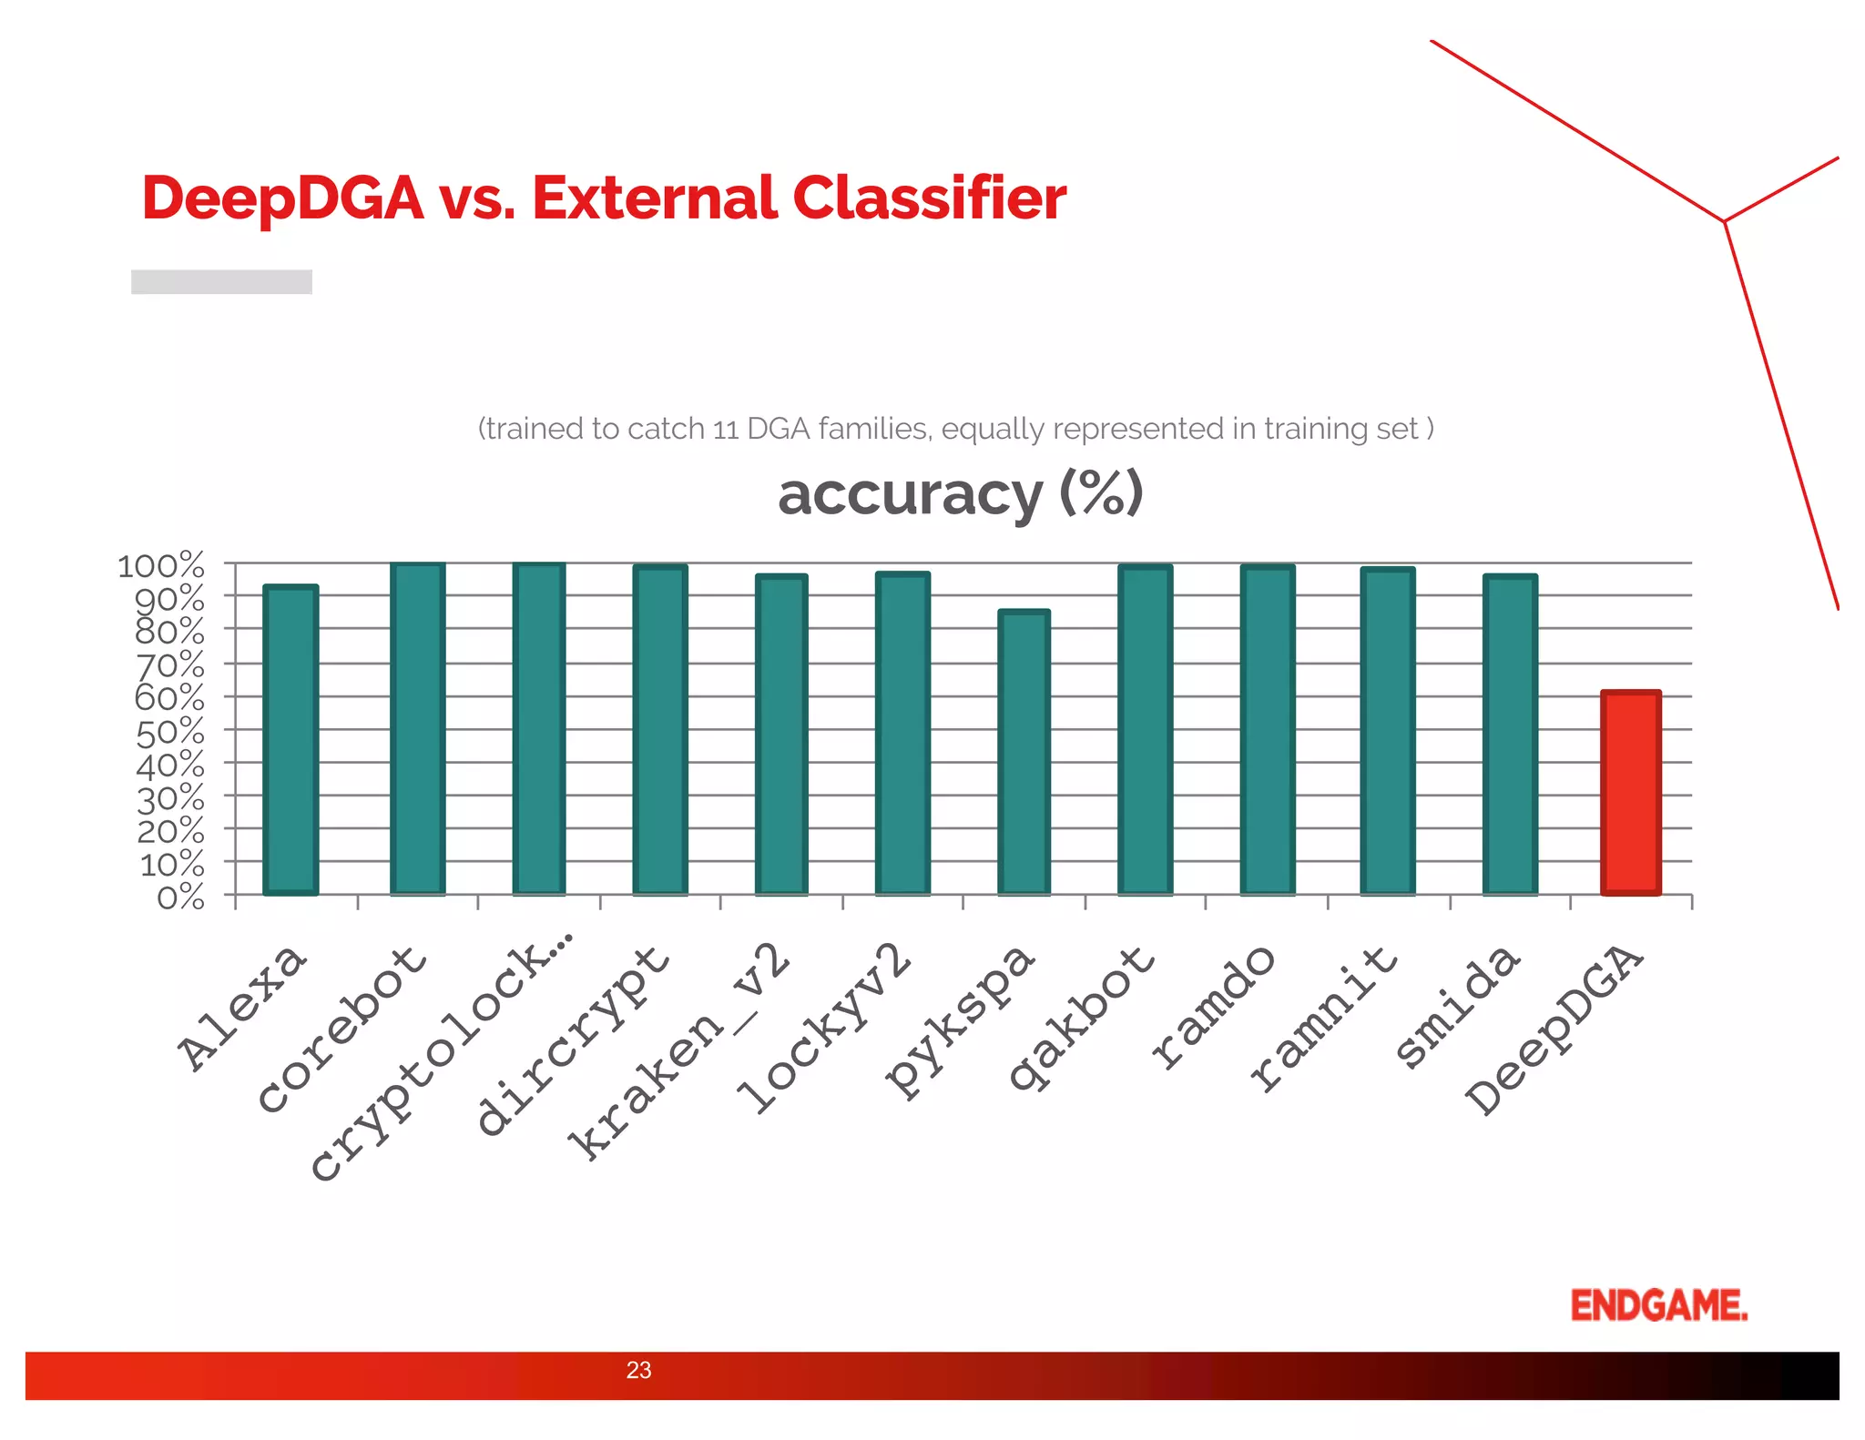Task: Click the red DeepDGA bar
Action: click(1631, 793)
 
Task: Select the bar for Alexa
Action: click(290, 740)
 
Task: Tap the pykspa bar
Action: click(1024, 752)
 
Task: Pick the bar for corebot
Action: click(417, 728)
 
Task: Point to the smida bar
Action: click(1510, 735)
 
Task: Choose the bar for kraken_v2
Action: click(781, 735)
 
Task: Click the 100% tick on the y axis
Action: click(161, 565)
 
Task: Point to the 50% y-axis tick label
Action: click(170, 731)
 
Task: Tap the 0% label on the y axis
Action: click(180, 897)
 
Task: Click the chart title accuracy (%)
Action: click(960, 494)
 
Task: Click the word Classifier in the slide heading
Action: click(929, 198)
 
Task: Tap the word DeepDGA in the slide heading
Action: click(282, 198)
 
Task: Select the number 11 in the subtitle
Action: click(725, 429)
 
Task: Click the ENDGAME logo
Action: click(1658, 1305)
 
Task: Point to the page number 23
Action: click(638, 1370)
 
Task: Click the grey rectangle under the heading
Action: click(221, 281)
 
